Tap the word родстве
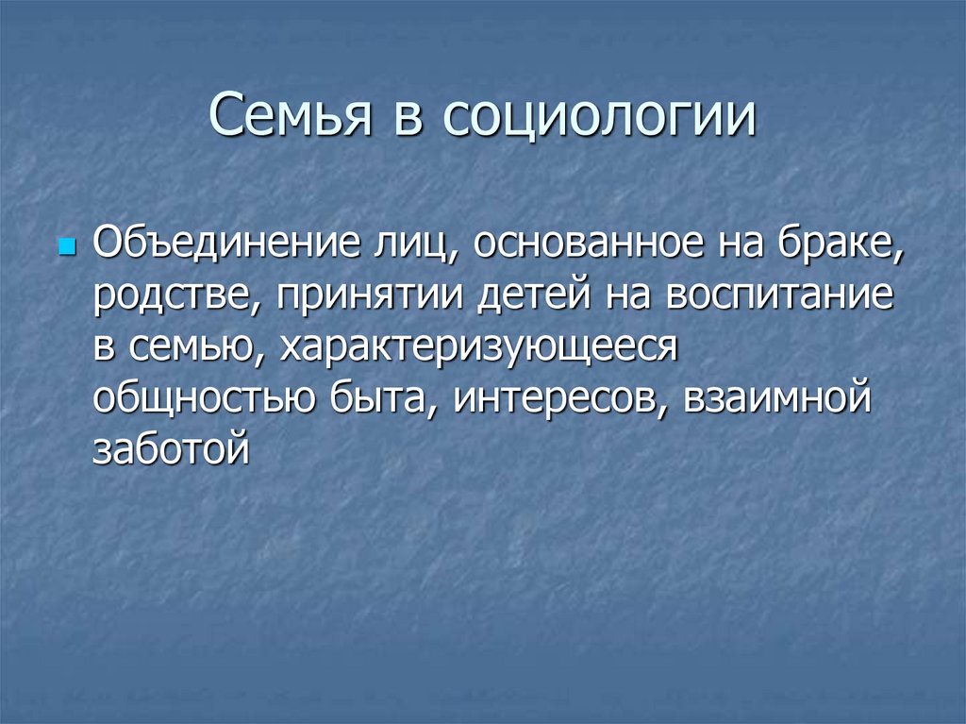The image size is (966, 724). click(174, 297)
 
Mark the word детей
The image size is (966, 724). click(525, 297)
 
